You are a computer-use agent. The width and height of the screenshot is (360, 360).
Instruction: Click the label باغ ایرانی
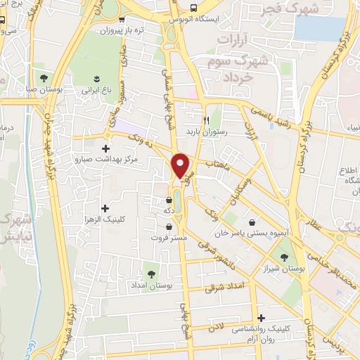[96, 89]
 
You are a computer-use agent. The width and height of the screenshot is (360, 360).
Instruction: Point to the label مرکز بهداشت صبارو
[107, 160]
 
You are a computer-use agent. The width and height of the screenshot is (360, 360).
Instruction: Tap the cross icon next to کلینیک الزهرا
[105, 208]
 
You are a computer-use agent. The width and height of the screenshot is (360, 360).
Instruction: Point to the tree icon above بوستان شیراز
[284, 257]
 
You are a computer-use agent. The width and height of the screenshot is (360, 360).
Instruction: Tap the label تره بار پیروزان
[117, 30]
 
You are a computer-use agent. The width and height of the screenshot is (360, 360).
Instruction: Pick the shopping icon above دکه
[169, 200]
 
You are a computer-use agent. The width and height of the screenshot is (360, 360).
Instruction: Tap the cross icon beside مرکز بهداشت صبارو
[105, 148]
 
